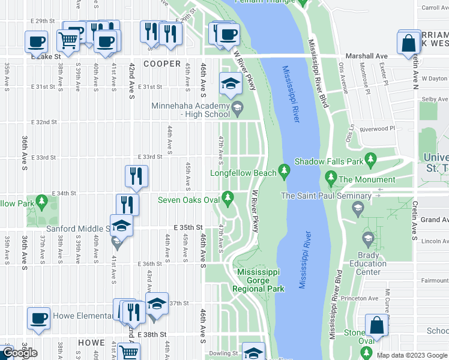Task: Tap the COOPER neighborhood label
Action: click(x=161, y=64)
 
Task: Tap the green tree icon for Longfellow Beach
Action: click(x=286, y=173)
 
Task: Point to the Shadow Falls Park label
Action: click(x=329, y=161)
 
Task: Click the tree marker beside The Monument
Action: click(x=330, y=179)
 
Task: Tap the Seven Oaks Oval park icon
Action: click(x=228, y=197)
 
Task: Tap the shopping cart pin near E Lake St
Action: click(x=68, y=40)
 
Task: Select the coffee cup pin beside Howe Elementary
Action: click(x=39, y=318)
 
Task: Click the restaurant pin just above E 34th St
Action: click(x=136, y=176)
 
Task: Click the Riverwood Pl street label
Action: click(x=377, y=128)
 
